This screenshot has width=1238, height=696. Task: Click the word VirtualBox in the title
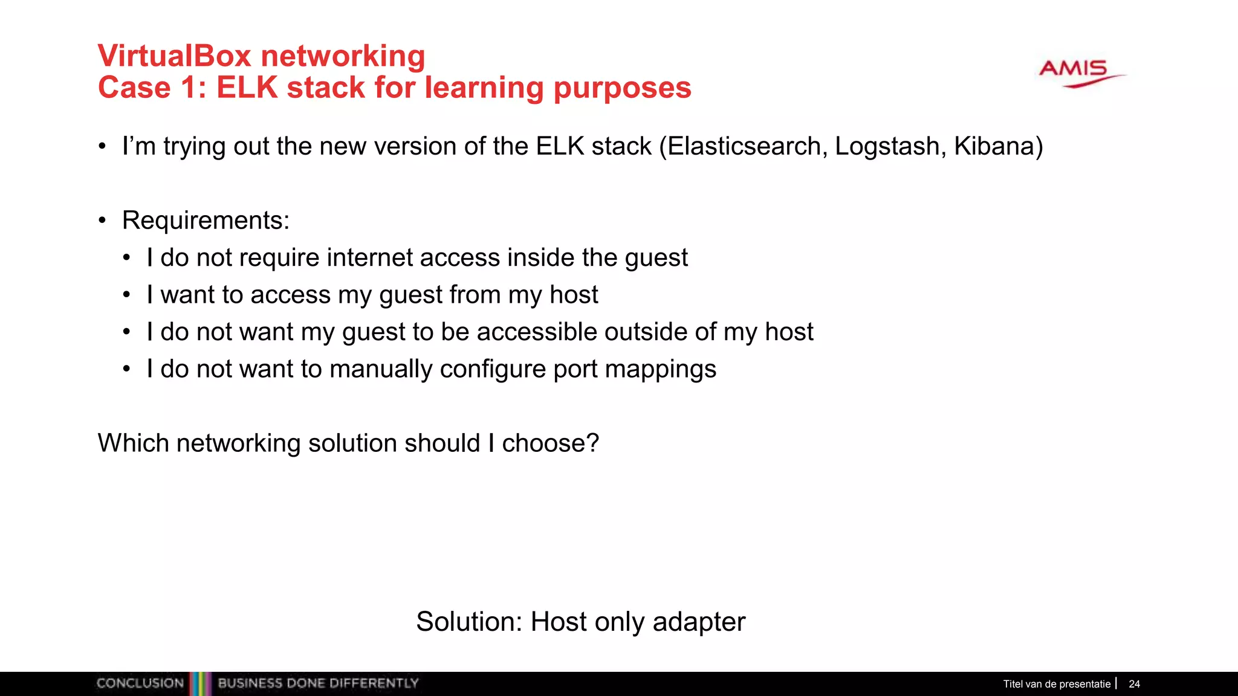coord(174,56)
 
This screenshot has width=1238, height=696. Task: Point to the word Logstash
coord(887,147)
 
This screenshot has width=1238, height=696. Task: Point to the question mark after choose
coord(592,443)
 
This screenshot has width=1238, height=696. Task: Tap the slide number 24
coord(1134,684)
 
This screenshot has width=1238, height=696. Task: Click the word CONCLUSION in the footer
coord(140,683)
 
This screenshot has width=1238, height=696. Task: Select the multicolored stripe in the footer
coord(201,683)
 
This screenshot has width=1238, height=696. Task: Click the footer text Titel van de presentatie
coord(1057,684)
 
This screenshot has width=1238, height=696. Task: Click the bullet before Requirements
coord(102,221)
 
